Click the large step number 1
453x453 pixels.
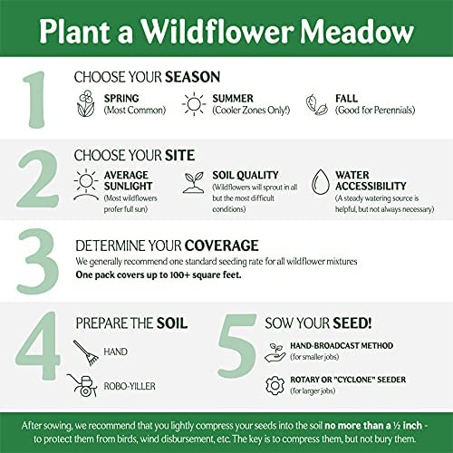(35, 100)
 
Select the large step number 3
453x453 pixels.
(38, 262)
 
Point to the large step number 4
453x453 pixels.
(38, 347)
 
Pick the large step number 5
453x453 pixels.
(237, 347)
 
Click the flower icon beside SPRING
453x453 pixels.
(86, 103)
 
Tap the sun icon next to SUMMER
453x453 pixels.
(194, 104)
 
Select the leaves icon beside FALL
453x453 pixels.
(317, 104)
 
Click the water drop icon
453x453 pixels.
(321, 181)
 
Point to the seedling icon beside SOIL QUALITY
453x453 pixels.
(193, 182)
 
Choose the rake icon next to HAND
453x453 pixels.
(86, 352)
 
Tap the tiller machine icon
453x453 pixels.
(82, 386)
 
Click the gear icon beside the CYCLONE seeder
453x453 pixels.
(275, 385)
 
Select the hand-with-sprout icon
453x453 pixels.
(275, 352)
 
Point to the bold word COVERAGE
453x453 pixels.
(222, 246)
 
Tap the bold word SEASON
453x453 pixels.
(193, 77)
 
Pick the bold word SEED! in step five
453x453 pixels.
(352, 323)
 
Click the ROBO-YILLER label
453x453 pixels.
(130, 386)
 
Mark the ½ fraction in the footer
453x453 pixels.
(397, 426)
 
